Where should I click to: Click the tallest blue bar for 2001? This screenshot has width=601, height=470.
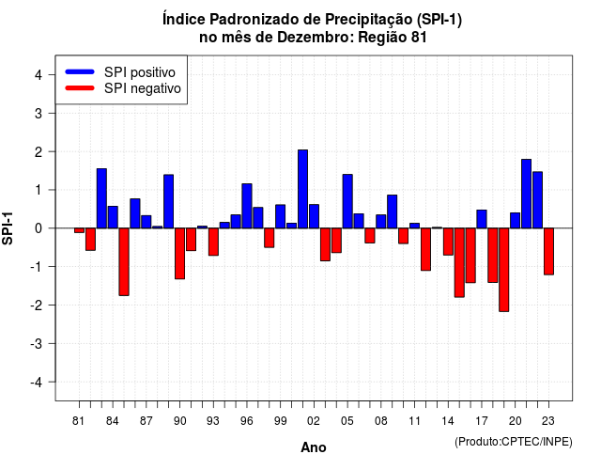(302, 189)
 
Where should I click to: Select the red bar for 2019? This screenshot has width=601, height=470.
(504, 270)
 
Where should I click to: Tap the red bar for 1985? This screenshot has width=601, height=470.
(124, 261)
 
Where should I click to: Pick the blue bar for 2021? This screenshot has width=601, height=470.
(526, 194)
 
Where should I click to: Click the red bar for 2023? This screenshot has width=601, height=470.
(548, 251)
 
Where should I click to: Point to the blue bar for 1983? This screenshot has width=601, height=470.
(101, 198)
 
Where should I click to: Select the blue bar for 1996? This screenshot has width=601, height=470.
(247, 206)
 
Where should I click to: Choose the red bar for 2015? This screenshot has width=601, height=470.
(459, 262)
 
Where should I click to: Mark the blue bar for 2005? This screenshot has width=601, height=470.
(347, 201)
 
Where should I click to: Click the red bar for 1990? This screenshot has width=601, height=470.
(179, 254)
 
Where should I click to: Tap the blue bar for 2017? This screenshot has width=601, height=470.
(482, 219)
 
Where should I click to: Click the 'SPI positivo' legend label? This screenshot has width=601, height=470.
(140, 72)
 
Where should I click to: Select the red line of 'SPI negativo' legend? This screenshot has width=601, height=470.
(80, 88)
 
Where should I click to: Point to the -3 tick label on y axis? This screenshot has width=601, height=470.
(38, 344)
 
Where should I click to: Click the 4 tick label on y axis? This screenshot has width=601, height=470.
(39, 75)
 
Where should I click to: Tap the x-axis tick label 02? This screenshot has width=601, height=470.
(314, 421)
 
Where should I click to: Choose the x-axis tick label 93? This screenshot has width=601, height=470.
(213, 421)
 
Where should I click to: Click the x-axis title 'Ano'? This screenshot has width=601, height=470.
(314, 447)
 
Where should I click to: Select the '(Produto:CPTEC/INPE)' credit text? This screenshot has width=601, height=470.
(514, 442)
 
